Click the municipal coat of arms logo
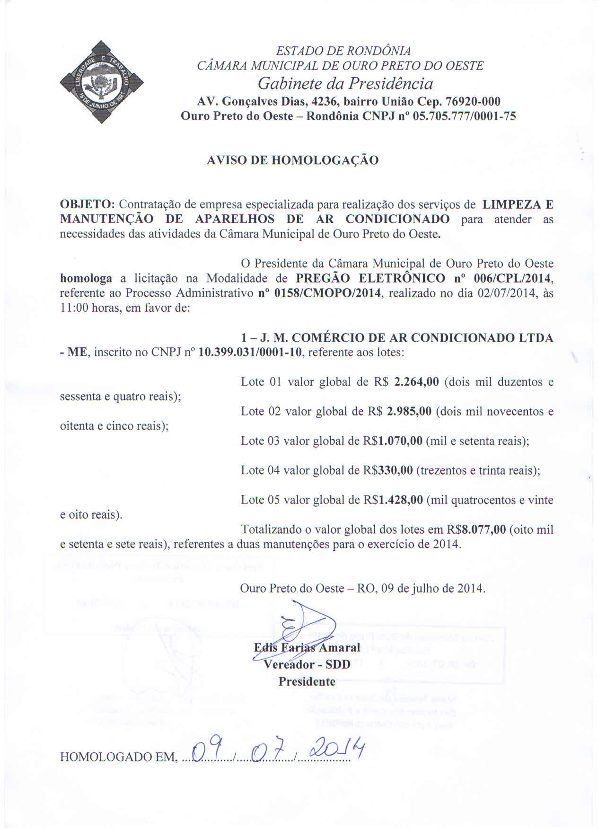(102, 82)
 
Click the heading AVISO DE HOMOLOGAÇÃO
(292, 160)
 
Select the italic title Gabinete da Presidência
(345, 84)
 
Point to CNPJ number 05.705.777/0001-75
(464, 116)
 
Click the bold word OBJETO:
(88, 204)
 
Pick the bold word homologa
(86, 278)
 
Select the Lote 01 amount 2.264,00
(416, 382)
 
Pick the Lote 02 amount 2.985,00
(409, 411)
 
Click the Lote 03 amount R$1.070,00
(392, 441)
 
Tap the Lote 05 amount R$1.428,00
(392, 500)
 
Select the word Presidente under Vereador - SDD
(307, 682)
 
